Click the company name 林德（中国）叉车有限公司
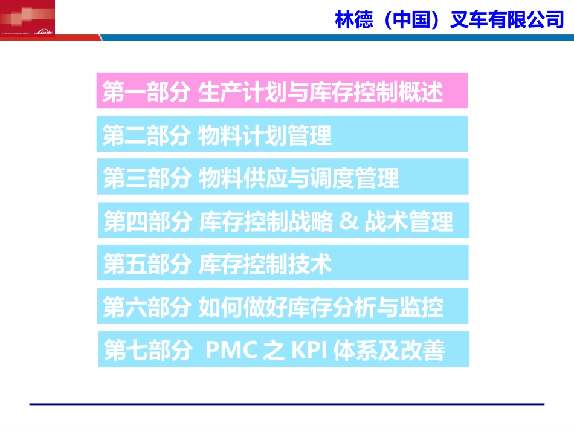[449, 19]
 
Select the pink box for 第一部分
[282, 91]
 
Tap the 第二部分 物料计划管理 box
[282, 134]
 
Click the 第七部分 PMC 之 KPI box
[283, 349]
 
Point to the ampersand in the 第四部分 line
[349, 221]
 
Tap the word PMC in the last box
[231, 351]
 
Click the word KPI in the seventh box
[309, 351]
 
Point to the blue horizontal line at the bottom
[287, 404]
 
